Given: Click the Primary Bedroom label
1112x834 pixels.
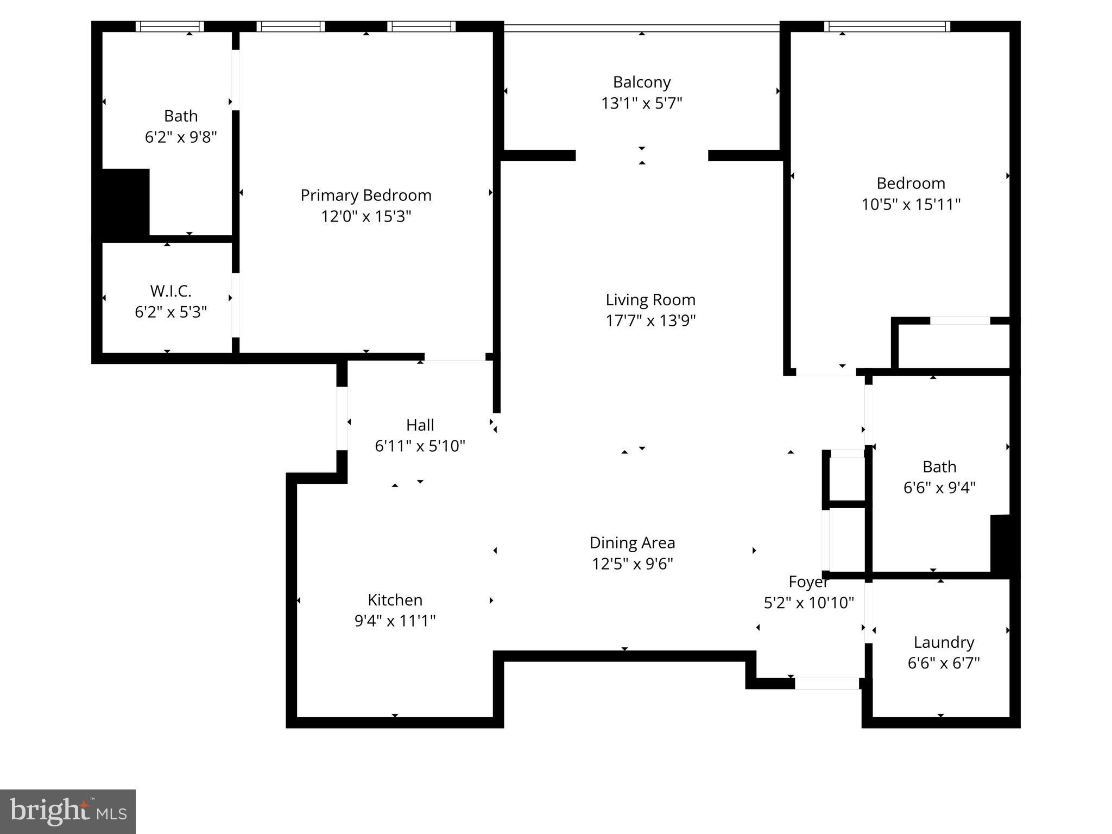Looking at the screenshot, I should [x=366, y=195].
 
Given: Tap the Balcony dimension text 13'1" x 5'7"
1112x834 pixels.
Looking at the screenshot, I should [x=641, y=103].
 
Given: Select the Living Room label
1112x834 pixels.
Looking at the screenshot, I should [x=650, y=300].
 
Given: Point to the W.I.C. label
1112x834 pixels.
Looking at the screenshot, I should [x=170, y=291].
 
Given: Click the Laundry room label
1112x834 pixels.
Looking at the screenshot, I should [x=944, y=642].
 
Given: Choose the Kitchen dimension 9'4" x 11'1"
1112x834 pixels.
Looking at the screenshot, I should [x=395, y=621].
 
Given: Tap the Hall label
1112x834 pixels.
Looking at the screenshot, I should [x=420, y=425].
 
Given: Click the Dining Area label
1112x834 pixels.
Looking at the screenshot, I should [x=632, y=543].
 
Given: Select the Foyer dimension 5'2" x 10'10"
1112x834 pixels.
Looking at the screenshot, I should [x=808, y=603].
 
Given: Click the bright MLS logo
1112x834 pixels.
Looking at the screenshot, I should [x=68, y=812].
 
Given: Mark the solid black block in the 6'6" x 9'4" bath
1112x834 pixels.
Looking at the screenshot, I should [x=1000, y=543].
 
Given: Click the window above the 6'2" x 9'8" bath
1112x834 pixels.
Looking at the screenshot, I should [x=169, y=27].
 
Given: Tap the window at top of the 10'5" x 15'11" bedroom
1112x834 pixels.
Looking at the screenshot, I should [x=887, y=27].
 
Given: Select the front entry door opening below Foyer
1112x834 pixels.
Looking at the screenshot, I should [x=827, y=684].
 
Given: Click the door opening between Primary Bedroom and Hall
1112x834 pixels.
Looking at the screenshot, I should [x=454, y=357].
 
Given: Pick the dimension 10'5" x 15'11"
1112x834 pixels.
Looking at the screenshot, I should [x=911, y=205].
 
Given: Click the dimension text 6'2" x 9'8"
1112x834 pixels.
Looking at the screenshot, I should [x=181, y=137].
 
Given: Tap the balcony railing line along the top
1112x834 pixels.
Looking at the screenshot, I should [x=641, y=28].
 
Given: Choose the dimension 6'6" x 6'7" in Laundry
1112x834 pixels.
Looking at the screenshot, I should [x=944, y=663].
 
